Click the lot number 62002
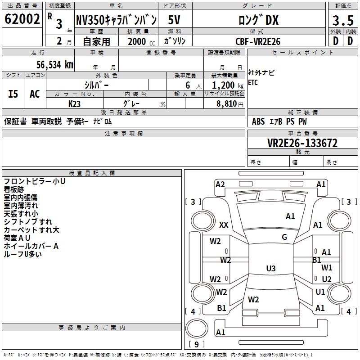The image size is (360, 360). [22, 19]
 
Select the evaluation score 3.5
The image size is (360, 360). [342, 20]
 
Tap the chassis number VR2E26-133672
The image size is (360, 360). [302, 143]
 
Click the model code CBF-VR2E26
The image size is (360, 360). [258, 41]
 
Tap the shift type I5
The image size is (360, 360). [13, 94]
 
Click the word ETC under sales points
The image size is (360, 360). [253, 83]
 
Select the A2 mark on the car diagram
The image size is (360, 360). [220, 184]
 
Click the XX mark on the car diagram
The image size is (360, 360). [224, 225]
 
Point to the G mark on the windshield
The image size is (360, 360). [284, 237]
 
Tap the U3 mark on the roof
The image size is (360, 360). [270, 269]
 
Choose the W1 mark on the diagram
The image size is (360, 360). [327, 268]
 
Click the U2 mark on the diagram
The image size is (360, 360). [327, 279]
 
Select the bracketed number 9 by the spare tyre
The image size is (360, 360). [196, 344]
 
